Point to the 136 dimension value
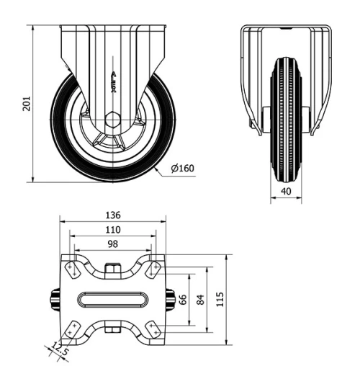click(x=112, y=215)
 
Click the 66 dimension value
click(x=183, y=298)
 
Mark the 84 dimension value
click(x=202, y=298)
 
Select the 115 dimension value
click(x=222, y=298)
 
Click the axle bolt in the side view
click(x=113, y=120)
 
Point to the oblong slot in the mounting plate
click(x=112, y=298)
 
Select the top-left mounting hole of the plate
click(x=73, y=269)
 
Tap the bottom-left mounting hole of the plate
click(x=73, y=328)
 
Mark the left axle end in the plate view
click(x=53, y=298)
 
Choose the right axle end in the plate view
click(x=171, y=298)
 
